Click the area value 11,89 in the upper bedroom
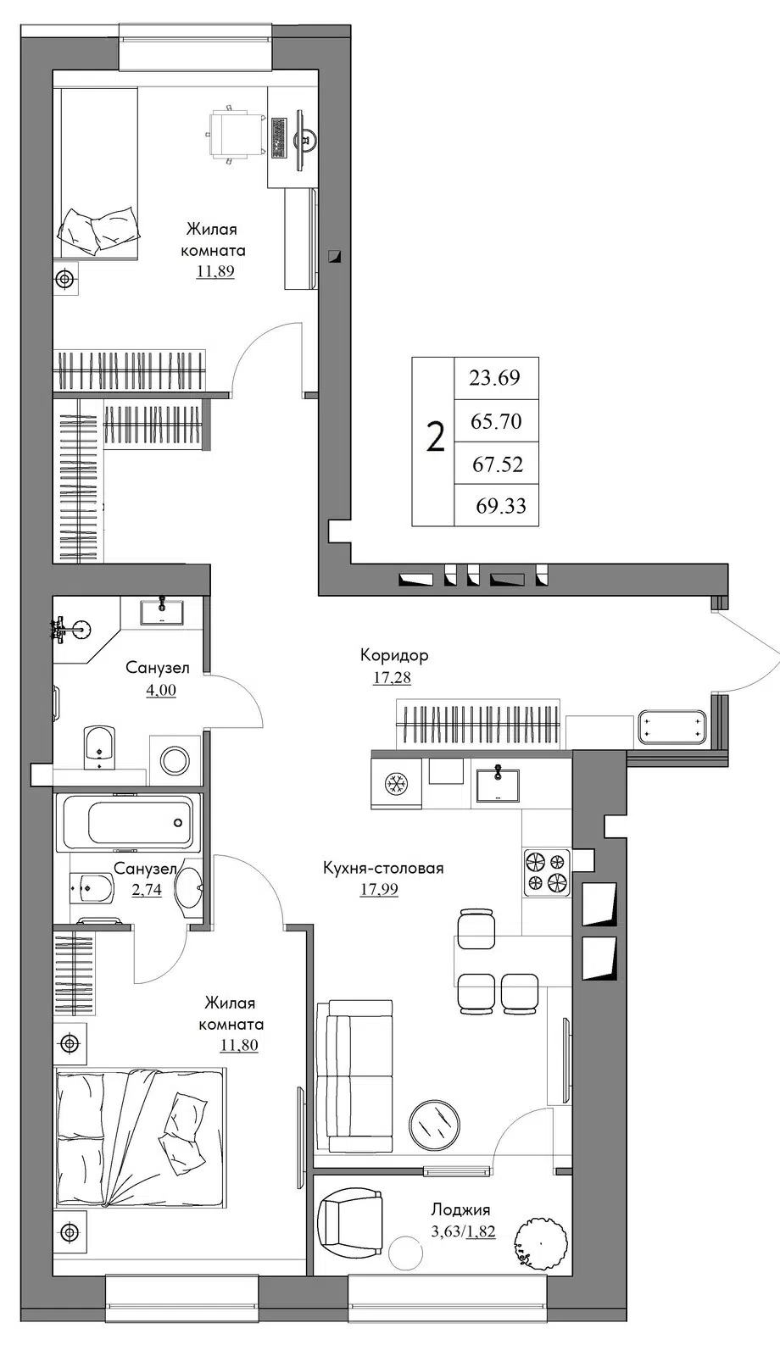point(215,271)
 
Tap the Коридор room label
point(394,655)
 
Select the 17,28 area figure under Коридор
point(392,677)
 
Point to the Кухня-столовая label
point(383,868)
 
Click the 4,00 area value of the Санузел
point(161,690)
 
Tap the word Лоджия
point(461,1210)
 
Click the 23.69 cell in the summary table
point(495,378)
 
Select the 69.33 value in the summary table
point(501,505)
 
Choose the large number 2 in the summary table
point(436,437)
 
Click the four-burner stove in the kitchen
point(546,872)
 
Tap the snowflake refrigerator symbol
point(398,784)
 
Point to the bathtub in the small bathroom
point(128,822)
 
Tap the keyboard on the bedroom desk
point(279,139)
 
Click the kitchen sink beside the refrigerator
point(497,785)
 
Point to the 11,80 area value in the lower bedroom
point(238,1046)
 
